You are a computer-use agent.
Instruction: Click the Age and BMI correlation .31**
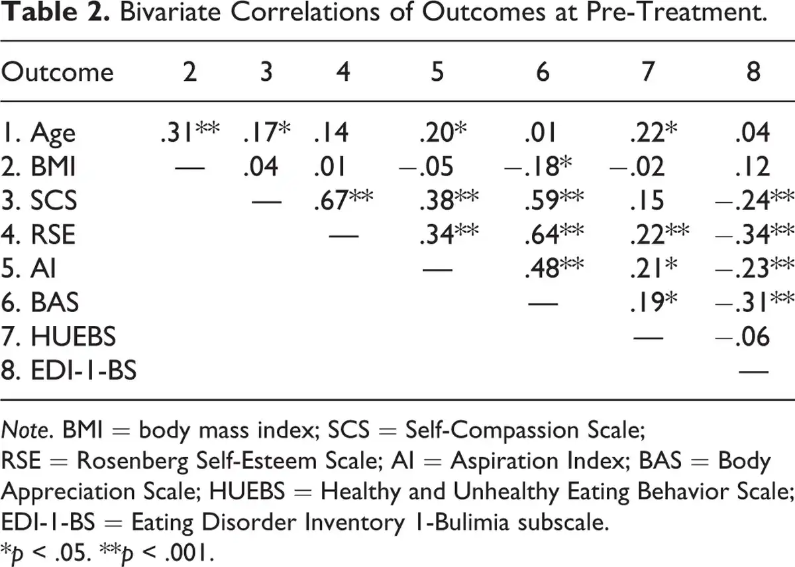pos(189,133)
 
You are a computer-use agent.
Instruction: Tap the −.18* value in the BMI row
pos(542,167)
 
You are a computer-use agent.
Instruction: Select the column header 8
pos(753,72)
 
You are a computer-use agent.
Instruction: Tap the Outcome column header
pos(57,72)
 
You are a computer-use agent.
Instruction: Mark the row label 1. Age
pos(38,134)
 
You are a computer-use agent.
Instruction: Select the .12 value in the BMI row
pos(753,167)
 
